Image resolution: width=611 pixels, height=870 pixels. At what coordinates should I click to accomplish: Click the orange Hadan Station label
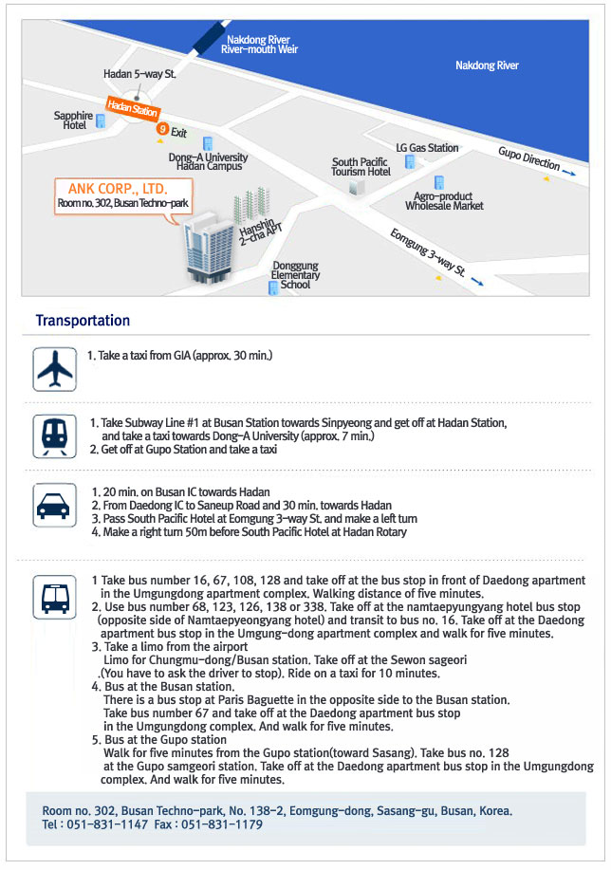pos(132,110)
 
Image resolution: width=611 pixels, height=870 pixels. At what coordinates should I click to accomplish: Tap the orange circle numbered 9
pos(163,128)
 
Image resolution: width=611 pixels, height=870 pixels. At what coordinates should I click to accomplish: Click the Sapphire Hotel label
pos(74,120)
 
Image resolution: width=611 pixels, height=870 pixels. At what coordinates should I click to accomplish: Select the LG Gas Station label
pos(427,148)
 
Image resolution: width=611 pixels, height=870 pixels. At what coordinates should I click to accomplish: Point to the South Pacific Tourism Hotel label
pos(361,167)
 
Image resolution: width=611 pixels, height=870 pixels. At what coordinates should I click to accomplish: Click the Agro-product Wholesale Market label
pos(444,200)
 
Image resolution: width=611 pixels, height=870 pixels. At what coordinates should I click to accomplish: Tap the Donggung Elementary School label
pos(295,275)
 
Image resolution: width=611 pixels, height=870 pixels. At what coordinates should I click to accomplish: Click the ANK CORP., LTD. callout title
pos(112,188)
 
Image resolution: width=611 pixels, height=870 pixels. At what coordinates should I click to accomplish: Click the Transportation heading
pos(83,321)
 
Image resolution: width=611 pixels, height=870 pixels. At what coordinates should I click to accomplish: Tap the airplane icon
pos(54,368)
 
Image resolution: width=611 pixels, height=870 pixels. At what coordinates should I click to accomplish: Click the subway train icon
pos(54,435)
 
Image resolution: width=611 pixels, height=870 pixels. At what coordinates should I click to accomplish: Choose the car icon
pos(54,506)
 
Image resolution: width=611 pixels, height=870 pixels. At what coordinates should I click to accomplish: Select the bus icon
pos(54,596)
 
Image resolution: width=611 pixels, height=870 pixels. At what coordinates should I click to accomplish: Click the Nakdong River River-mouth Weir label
pos(259,44)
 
